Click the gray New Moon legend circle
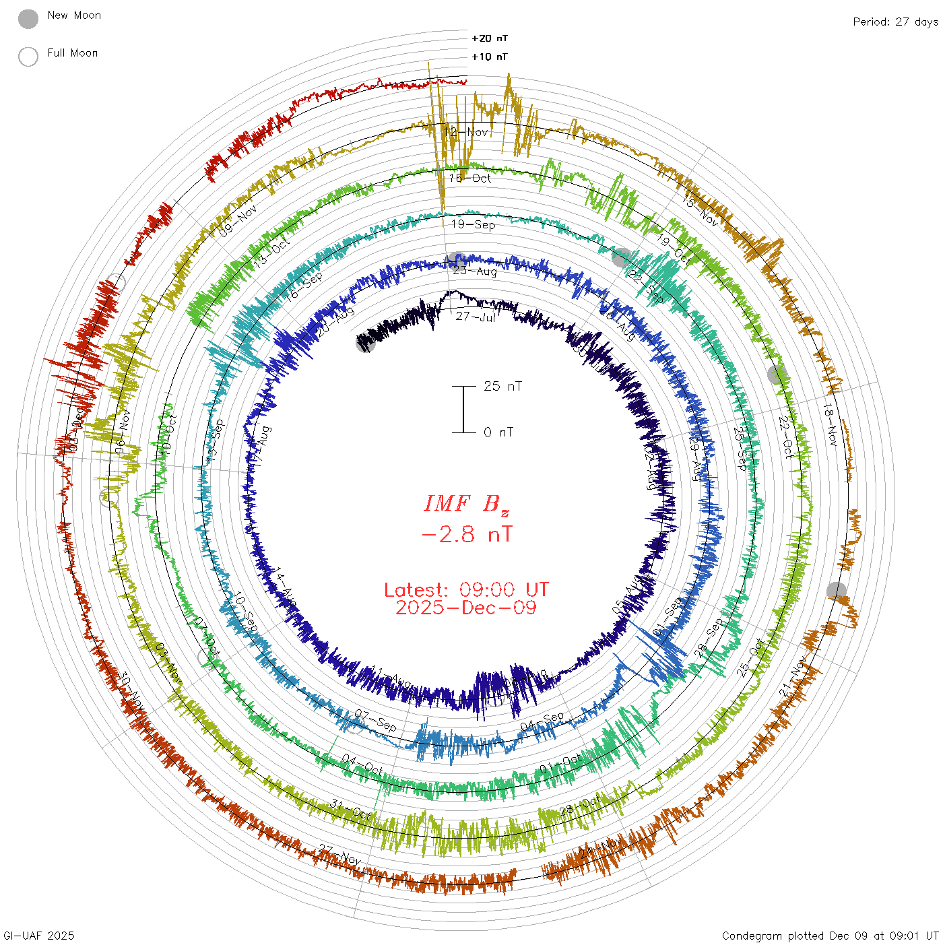[x=28, y=19]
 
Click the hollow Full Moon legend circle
[x=28, y=57]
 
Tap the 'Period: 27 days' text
[x=895, y=22]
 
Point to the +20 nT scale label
[x=490, y=38]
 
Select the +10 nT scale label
[x=490, y=57]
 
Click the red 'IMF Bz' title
[x=466, y=504]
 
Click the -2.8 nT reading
[x=466, y=534]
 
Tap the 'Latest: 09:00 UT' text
[x=466, y=590]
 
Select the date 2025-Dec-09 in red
[x=466, y=608]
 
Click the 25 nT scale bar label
[x=502, y=386]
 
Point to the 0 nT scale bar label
[x=498, y=432]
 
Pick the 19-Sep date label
[x=473, y=224]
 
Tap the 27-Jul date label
[x=476, y=317]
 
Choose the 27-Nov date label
[x=340, y=855]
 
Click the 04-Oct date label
[x=362, y=765]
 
